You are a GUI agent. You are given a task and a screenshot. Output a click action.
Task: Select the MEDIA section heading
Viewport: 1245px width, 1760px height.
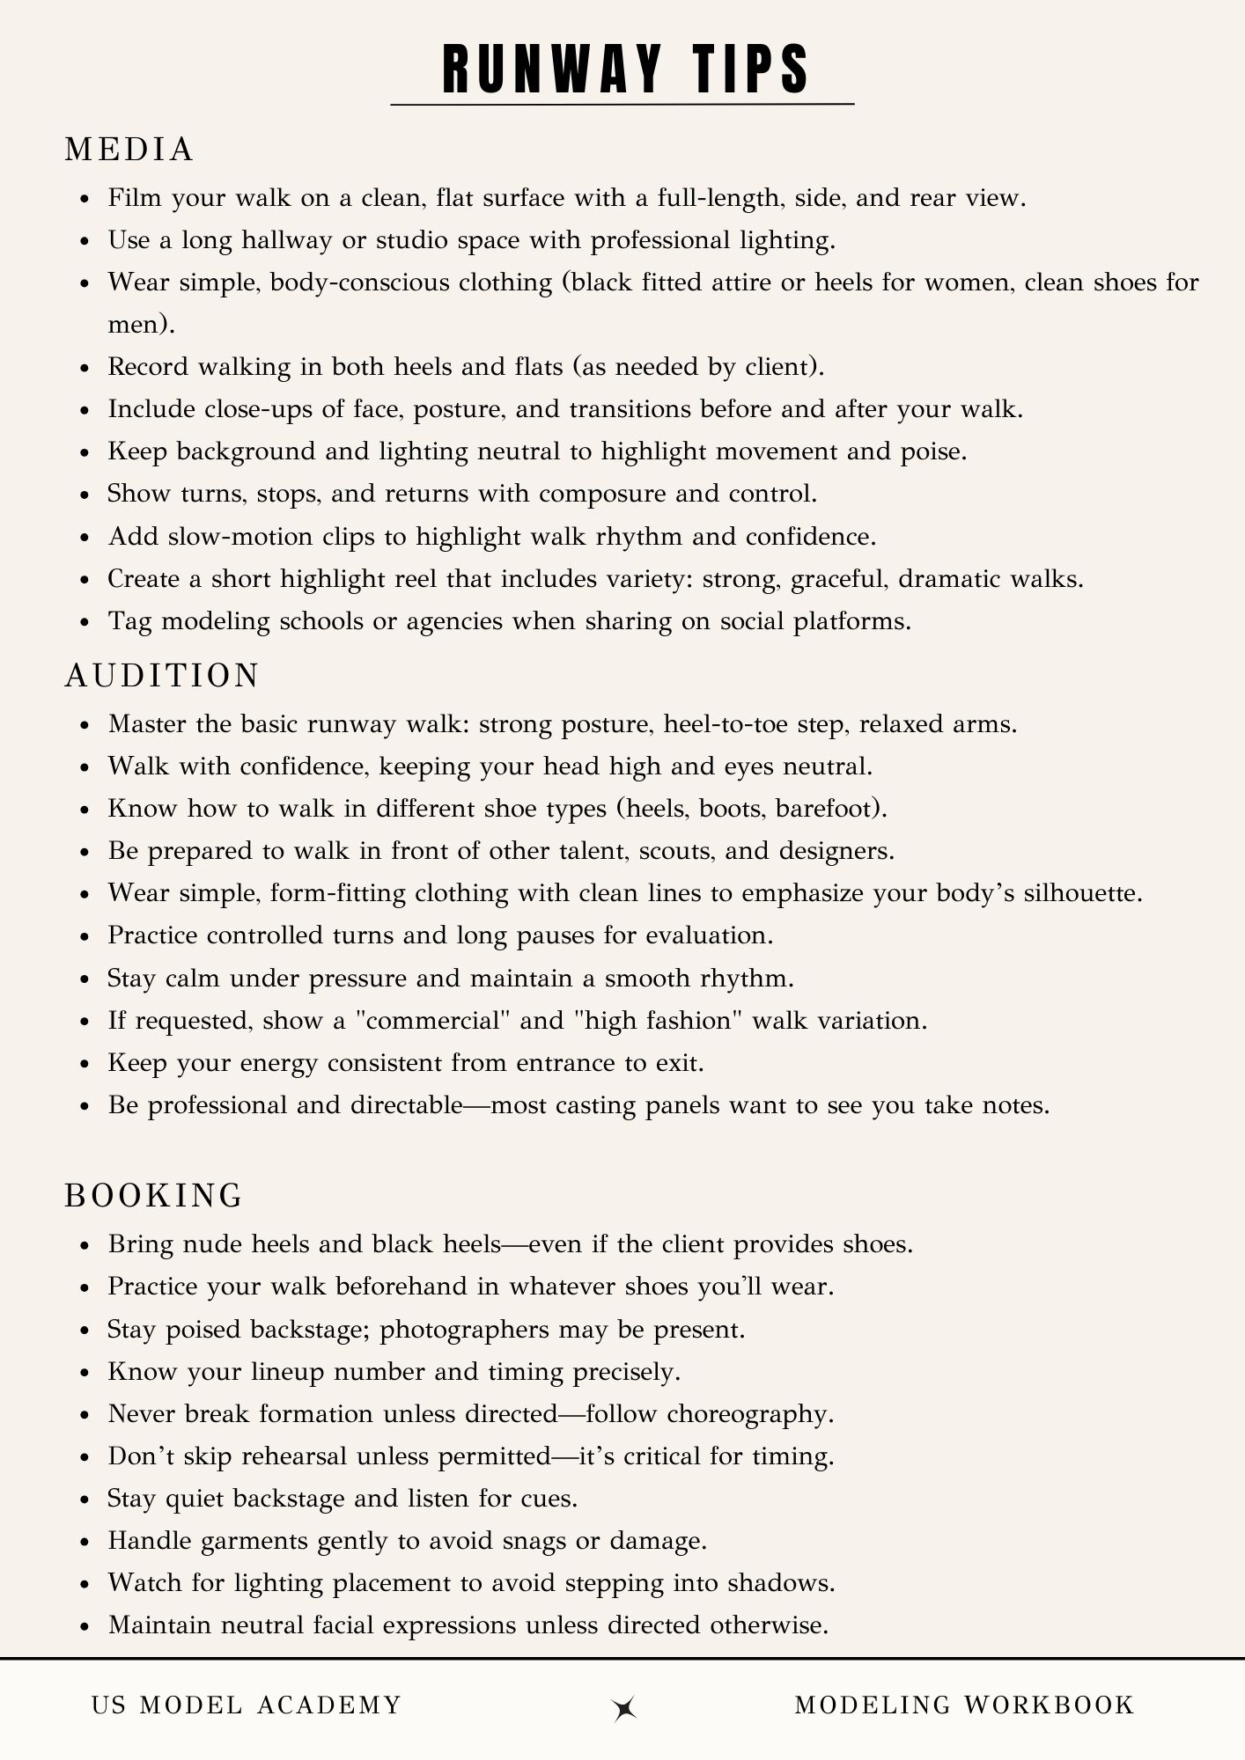click(129, 150)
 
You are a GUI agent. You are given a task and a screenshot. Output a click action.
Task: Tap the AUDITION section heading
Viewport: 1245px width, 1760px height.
click(162, 675)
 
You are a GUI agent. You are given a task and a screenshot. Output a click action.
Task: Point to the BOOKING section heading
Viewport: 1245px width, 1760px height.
click(154, 1195)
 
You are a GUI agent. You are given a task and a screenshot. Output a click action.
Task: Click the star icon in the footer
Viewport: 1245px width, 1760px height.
click(624, 1707)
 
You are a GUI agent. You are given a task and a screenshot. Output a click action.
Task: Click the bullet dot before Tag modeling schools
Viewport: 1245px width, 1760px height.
click(85, 623)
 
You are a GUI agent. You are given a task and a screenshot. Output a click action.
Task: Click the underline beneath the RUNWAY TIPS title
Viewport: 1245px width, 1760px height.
click(622, 105)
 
